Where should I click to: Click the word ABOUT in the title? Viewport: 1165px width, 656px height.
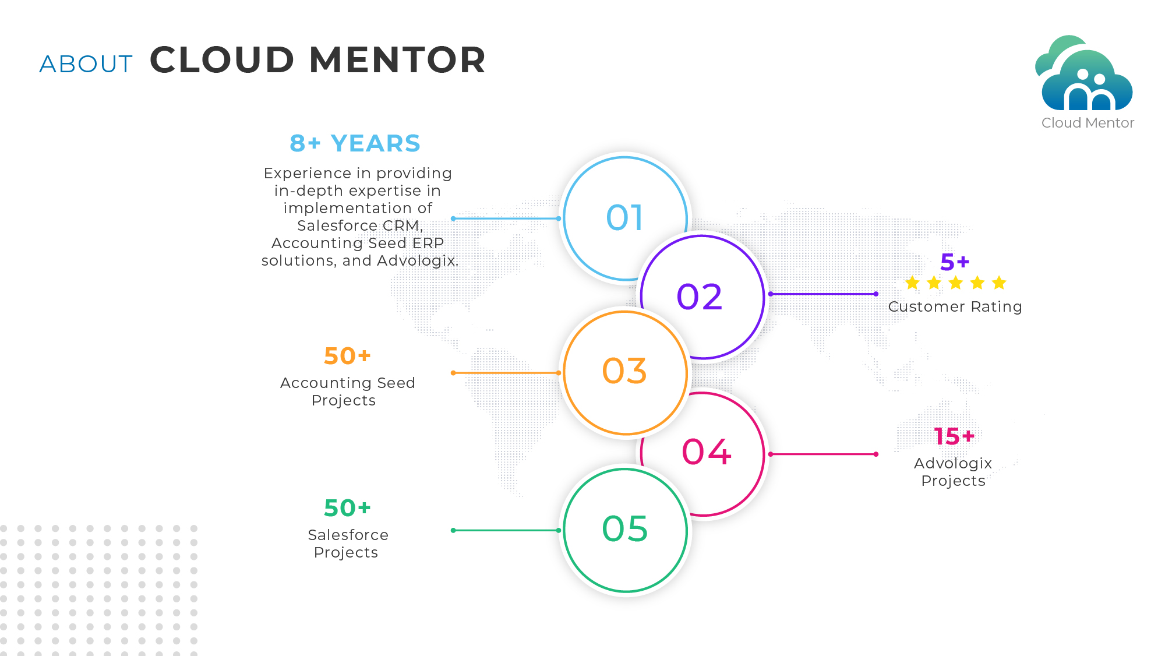click(x=86, y=64)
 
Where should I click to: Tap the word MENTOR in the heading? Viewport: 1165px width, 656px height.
click(x=397, y=60)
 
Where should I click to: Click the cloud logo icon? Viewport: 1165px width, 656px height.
click(x=1085, y=75)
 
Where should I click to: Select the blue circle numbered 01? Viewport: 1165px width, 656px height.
click(x=624, y=217)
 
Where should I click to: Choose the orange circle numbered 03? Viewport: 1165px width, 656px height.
click(x=624, y=371)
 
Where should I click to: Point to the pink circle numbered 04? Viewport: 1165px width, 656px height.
click(x=707, y=452)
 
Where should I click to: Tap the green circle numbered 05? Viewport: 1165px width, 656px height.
click(x=624, y=529)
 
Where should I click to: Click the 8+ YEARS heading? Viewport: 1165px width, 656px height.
click(x=355, y=143)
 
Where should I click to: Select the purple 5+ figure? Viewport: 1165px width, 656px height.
click(x=955, y=262)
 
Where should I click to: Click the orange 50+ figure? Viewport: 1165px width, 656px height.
click(x=347, y=356)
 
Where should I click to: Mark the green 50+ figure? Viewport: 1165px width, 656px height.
click(x=347, y=508)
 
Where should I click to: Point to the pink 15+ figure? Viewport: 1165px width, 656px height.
click(x=954, y=436)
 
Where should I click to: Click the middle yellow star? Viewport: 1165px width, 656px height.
click(x=956, y=283)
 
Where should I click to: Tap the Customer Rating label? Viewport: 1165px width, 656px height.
click(x=955, y=306)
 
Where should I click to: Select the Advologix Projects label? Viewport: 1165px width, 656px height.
click(x=953, y=472)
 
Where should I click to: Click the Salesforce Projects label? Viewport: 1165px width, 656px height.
click(x=348, y=544)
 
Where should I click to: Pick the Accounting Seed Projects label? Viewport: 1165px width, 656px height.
click(x=347, y=392)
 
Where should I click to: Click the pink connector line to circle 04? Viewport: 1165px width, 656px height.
click(x=822, y=454)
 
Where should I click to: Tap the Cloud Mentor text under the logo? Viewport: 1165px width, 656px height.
click(x=1088, y=123)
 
